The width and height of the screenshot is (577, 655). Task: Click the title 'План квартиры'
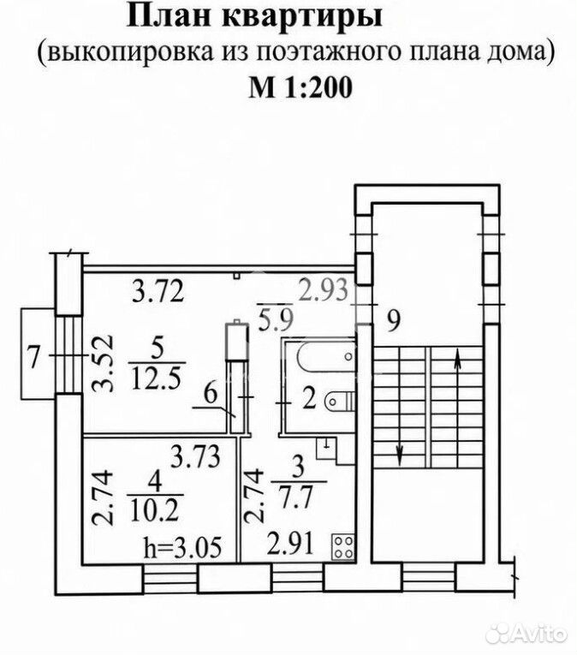[254, 16]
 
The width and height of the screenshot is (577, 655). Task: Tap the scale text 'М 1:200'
[300, 87]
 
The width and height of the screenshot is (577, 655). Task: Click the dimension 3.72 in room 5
[158, 291]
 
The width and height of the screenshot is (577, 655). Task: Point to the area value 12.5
[157, 378]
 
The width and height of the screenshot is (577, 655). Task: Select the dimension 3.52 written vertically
[103, 362]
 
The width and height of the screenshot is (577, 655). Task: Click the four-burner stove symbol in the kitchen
[344, 547]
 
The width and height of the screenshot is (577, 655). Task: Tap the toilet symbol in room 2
[339, 402]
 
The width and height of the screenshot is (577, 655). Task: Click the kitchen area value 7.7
[297, 497]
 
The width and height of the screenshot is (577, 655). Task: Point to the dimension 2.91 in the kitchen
[289, 544]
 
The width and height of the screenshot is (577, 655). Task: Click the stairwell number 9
[393, 321]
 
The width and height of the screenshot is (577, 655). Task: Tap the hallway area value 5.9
[277, 319]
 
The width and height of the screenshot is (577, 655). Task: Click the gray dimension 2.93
[323, 290]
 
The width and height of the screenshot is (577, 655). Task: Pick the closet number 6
[210, 394]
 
